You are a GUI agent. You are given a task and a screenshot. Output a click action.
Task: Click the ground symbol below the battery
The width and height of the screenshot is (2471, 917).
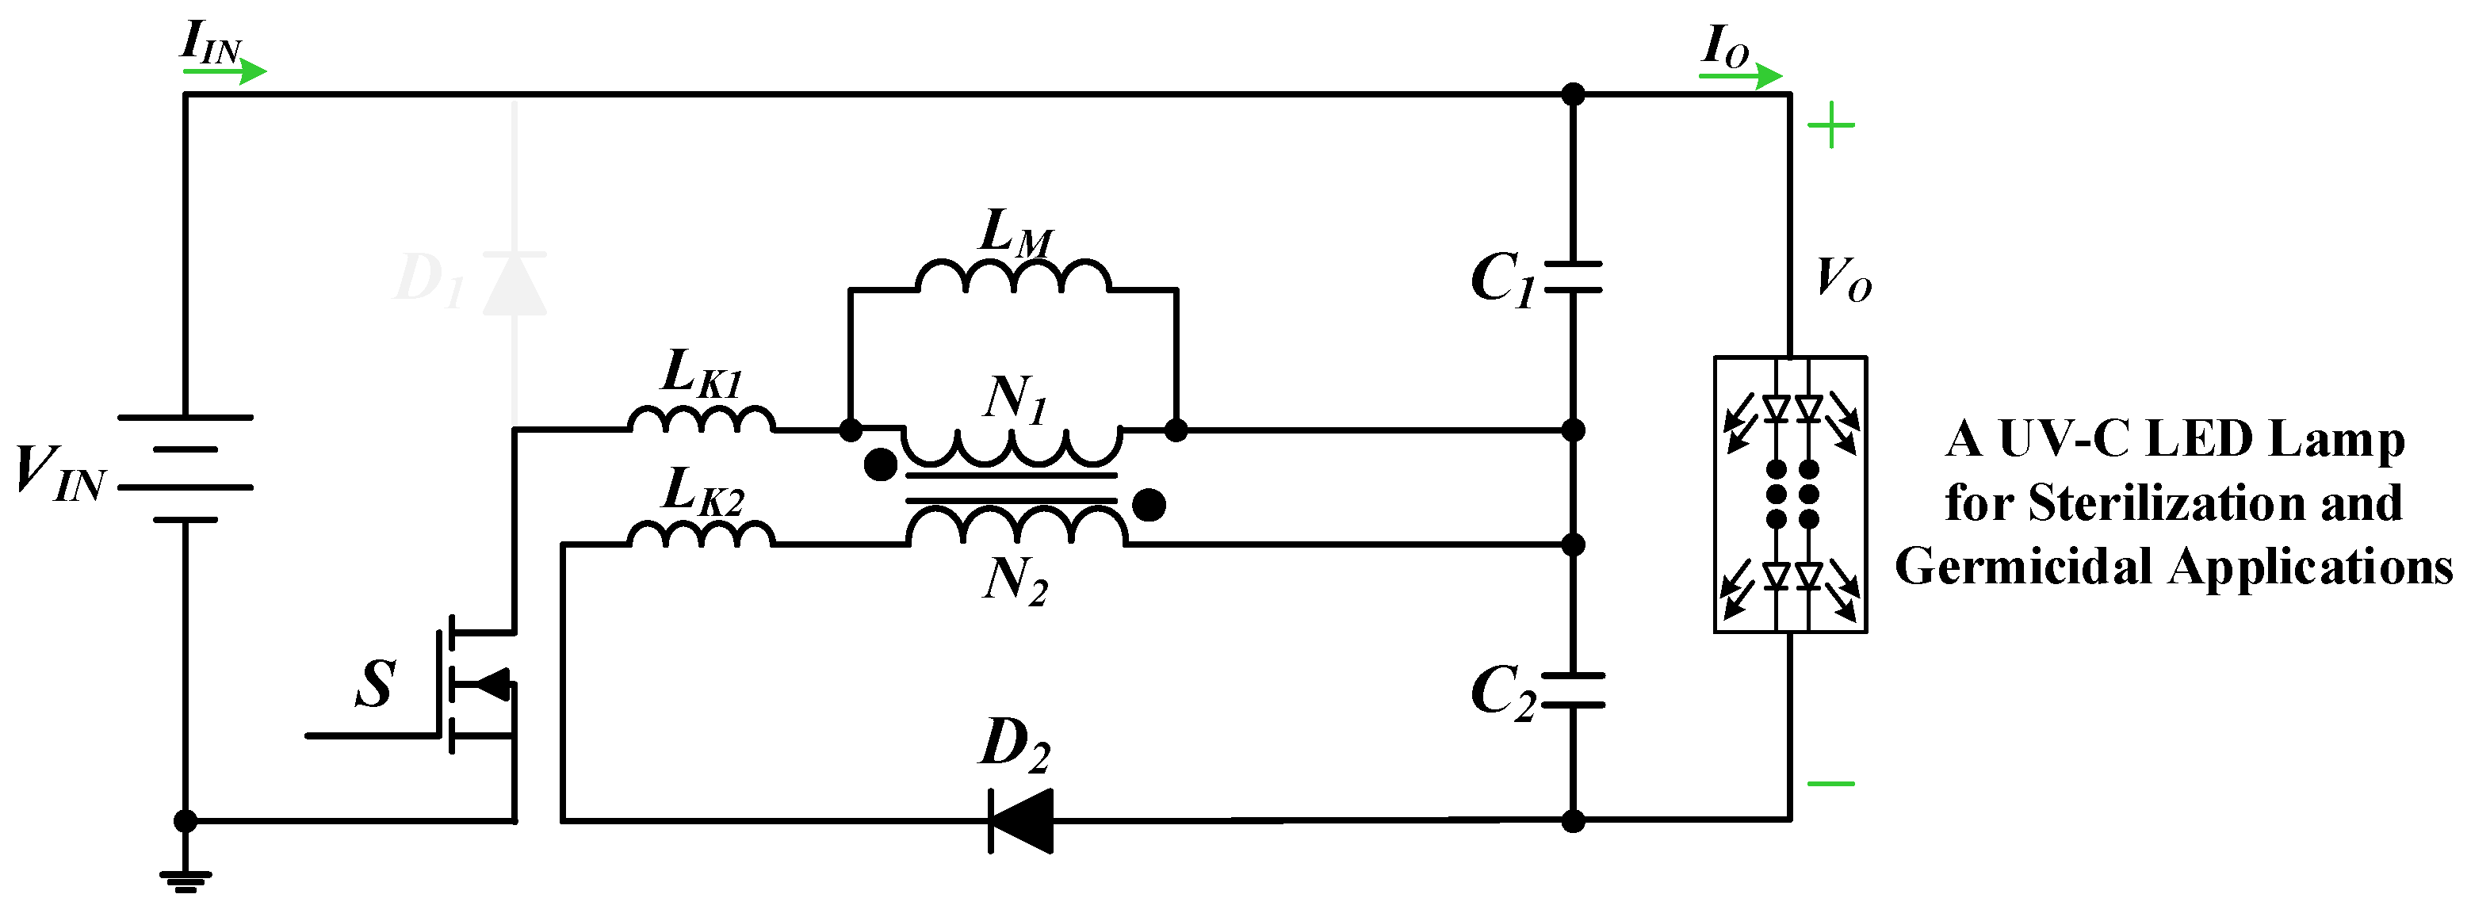coord(186,880)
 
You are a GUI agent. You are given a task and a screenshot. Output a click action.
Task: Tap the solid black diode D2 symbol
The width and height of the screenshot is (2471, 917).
coord(1020,820)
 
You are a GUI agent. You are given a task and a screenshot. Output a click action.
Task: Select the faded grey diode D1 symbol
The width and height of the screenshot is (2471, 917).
coord(514,284)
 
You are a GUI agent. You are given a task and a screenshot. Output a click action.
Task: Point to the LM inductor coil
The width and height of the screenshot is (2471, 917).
coord(1013,277)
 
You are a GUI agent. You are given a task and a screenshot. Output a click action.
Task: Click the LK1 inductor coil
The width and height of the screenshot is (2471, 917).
coord(702,420)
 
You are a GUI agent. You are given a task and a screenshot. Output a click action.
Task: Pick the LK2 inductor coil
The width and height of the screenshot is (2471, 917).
coord(702,534)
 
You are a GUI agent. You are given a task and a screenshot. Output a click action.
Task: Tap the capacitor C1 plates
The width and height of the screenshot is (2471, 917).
coord(1573,277)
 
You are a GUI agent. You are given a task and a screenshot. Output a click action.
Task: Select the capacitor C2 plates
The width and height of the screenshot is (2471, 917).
coord(1573,690)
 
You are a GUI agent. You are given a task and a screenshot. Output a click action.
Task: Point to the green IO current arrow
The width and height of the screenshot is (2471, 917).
coord(1740,75)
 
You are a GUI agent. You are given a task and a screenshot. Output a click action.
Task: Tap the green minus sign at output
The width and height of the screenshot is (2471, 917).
coord(1830,784)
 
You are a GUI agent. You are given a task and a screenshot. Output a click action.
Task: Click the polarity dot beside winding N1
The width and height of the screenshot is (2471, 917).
coord(880,466)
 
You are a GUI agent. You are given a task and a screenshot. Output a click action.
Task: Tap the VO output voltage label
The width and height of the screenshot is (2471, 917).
coord(1842,280)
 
